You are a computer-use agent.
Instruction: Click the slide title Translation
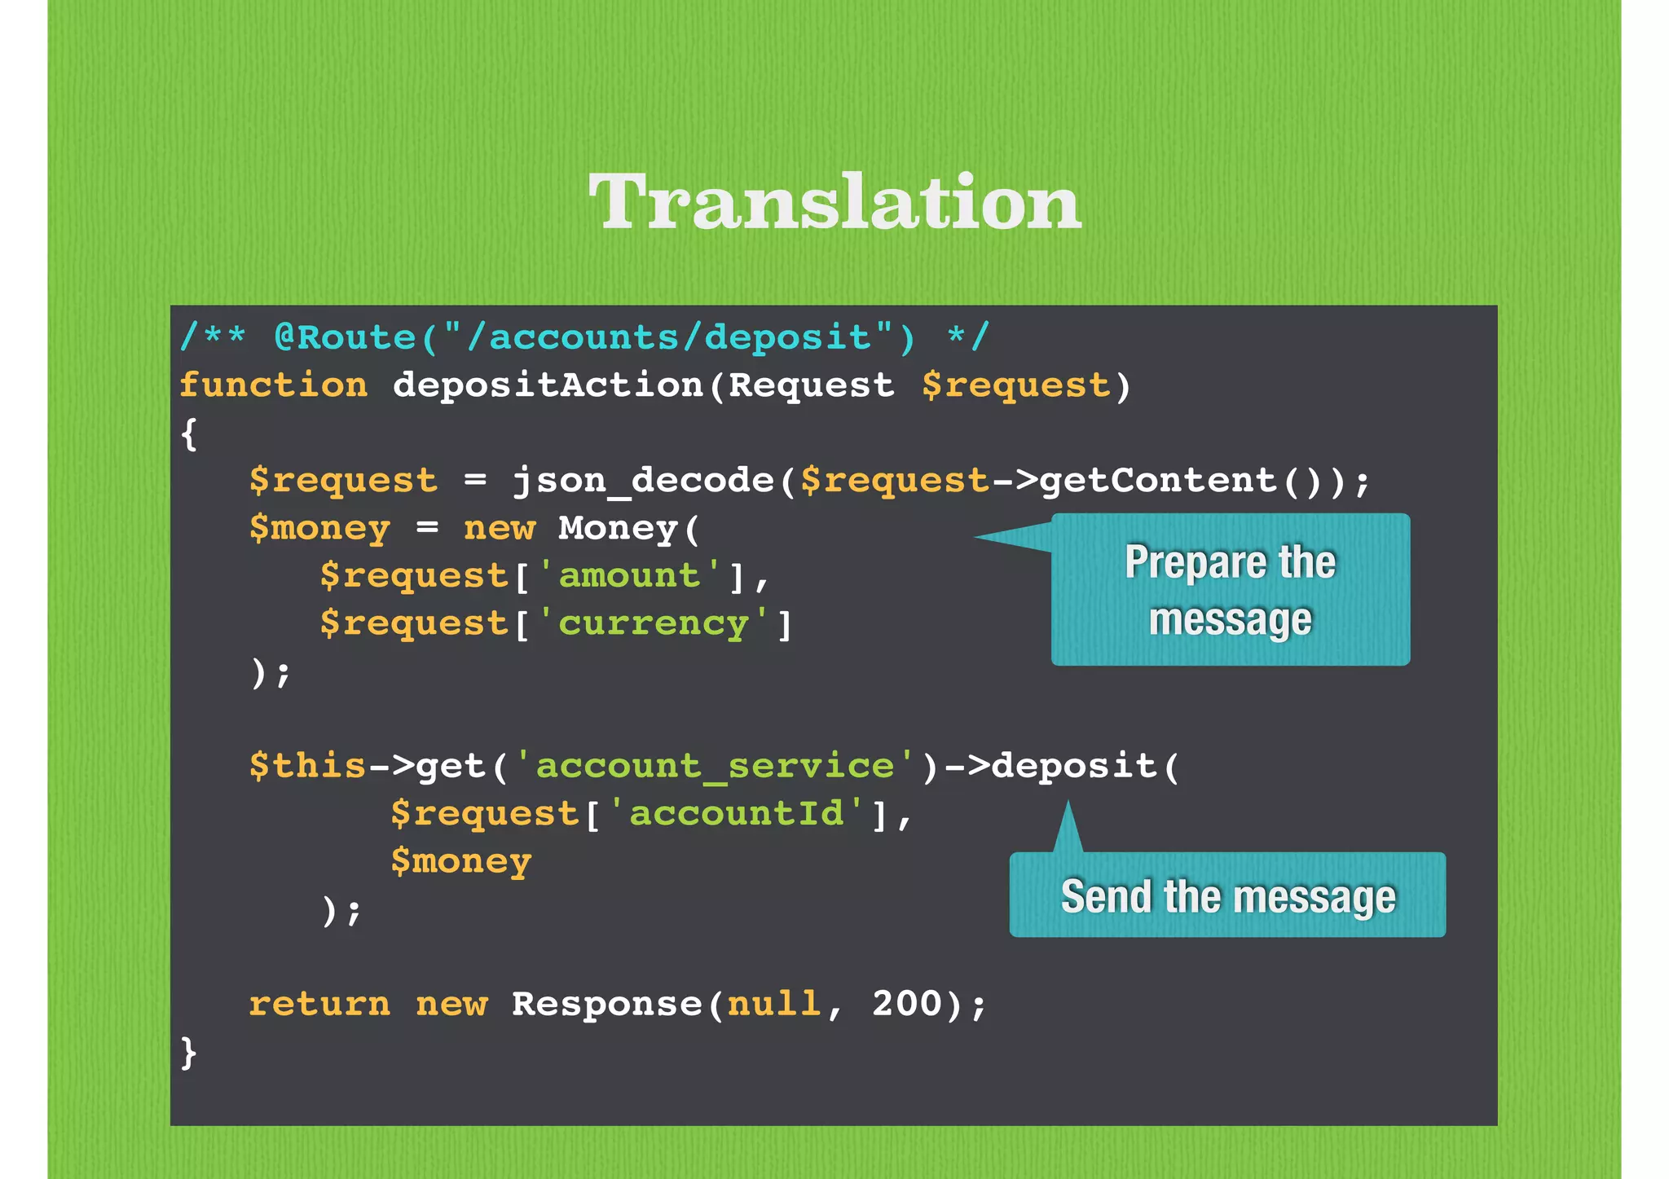coord(834,201)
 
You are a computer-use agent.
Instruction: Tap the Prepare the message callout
coord(1230,589)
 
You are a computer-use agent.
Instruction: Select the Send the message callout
coord(1227,895)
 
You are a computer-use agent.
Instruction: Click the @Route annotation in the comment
coord(346,337)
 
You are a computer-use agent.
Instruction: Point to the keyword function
coord(273,385)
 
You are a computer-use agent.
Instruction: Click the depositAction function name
coord(548,385)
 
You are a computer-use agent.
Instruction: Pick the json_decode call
coord(642,480)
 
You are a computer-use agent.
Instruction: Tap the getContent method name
coord(1158,480)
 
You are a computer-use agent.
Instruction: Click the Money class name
coord(618,528)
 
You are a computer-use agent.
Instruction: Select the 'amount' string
coord(629,575)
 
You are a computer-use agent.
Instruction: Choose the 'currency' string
coord(653,623)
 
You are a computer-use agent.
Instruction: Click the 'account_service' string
coord(714,766)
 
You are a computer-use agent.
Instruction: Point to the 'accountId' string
coord(736,813)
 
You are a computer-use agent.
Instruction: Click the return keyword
coord(319,1004)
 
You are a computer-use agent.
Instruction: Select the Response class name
coord(606,1004)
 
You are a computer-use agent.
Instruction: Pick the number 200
coord(907,1004)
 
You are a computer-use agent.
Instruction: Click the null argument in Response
coord(773,1004)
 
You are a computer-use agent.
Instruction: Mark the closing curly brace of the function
coord(188,1052)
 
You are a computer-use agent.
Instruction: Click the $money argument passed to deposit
coord(460,861)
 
